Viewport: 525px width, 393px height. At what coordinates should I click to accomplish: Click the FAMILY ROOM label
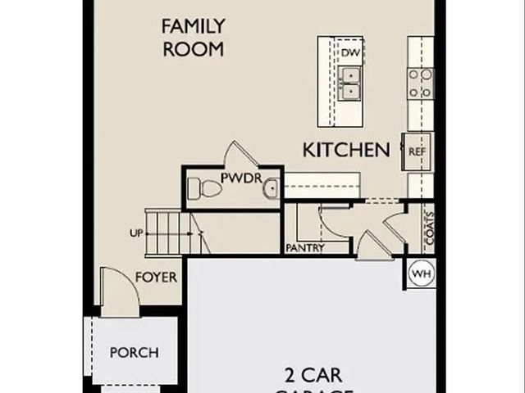coord(193,37)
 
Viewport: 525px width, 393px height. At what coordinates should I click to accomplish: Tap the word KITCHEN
coord(346,150)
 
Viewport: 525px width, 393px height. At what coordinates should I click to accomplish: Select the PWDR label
coord(238,178)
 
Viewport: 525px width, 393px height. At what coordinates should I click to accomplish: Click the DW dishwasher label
coord(351,53)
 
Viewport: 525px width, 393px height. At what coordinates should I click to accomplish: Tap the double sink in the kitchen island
coord(350,83)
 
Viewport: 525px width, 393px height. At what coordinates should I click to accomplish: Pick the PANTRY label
coord(305,248)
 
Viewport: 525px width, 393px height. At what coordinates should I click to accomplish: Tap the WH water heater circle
coord(421,273)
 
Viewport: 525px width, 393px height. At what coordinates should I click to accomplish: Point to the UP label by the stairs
coord(136,233)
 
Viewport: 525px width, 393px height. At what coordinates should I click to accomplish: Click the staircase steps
coord(167,232)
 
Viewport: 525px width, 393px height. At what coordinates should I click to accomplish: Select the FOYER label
coord(156,277)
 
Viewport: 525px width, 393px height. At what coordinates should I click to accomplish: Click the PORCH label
coord(134,353)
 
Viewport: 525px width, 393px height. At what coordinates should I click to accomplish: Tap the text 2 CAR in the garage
coord(313,376)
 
